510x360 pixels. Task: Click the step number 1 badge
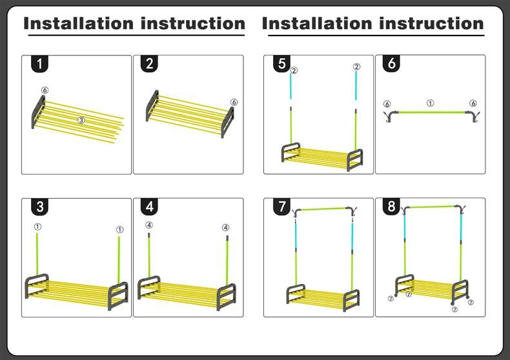(40, 64)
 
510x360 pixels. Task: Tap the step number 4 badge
(150, 207)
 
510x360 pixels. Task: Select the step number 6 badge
(393, 64)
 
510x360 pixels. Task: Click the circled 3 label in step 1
(81, 121)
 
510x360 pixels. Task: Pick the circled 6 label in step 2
(234, 102)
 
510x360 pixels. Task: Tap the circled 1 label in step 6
(431, 103)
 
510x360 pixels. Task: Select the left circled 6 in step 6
(387, 104)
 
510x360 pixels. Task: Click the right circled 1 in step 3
(119, 230)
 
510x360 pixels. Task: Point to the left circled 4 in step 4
(149, 226)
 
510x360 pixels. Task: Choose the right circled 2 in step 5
(356, 67)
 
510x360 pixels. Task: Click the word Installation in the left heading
(78, 24)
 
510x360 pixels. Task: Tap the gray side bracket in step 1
(37, 112)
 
